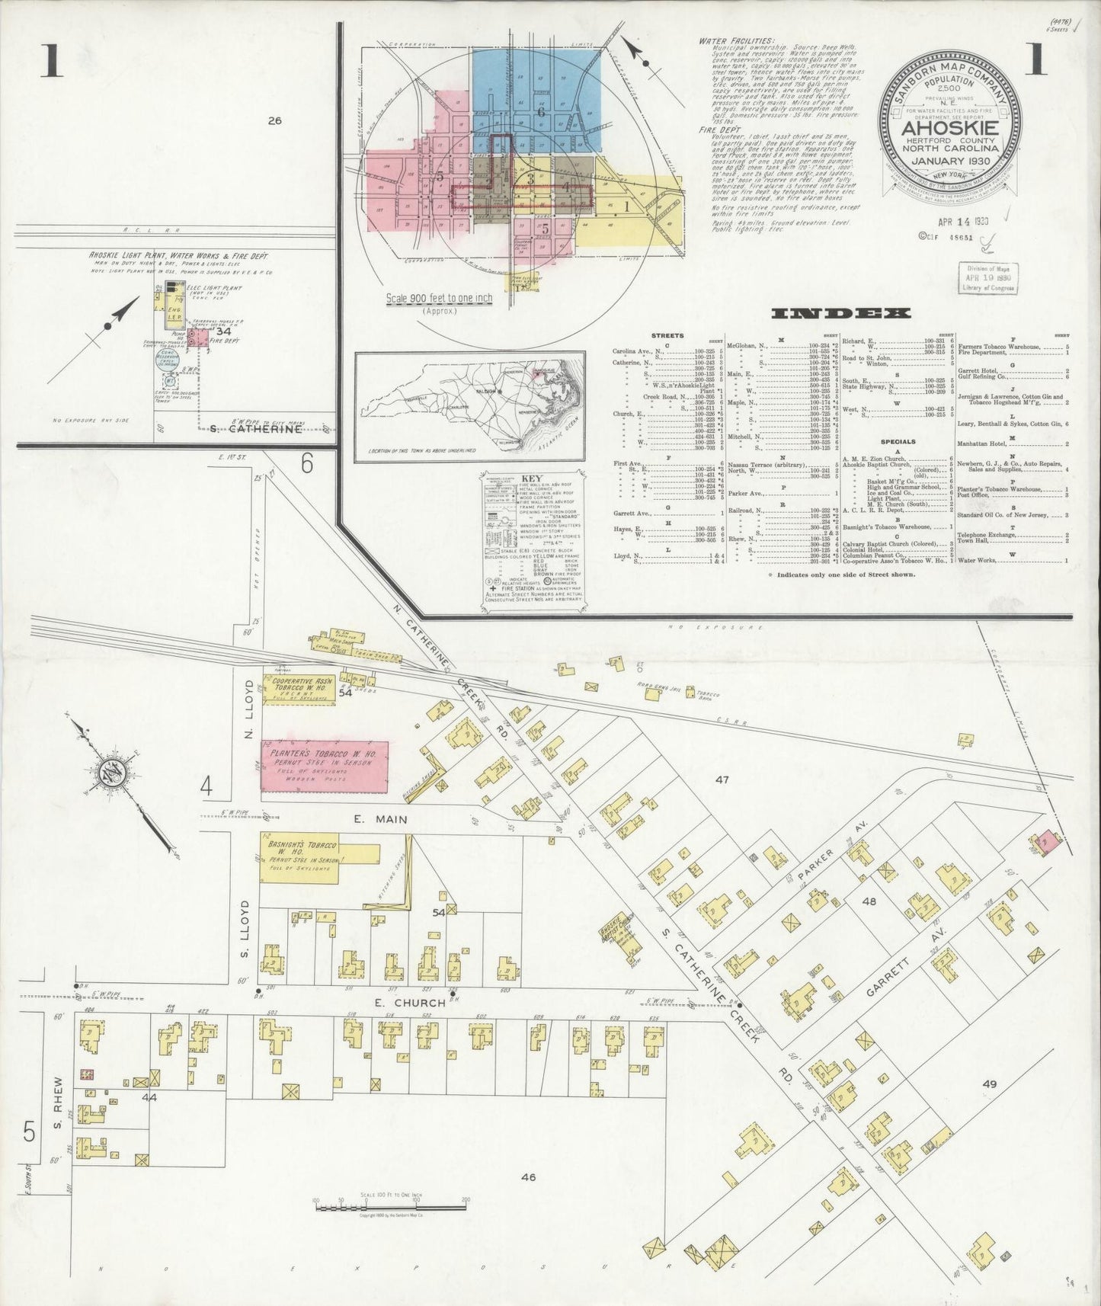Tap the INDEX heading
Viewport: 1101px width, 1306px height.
coord(840,313)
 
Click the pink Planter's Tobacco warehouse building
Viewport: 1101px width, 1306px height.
coord(325,770)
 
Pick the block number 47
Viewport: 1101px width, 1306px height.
coord(722,779)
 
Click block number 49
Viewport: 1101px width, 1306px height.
coord(990,1084)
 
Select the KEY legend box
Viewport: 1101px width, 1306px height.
coord(534,540)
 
